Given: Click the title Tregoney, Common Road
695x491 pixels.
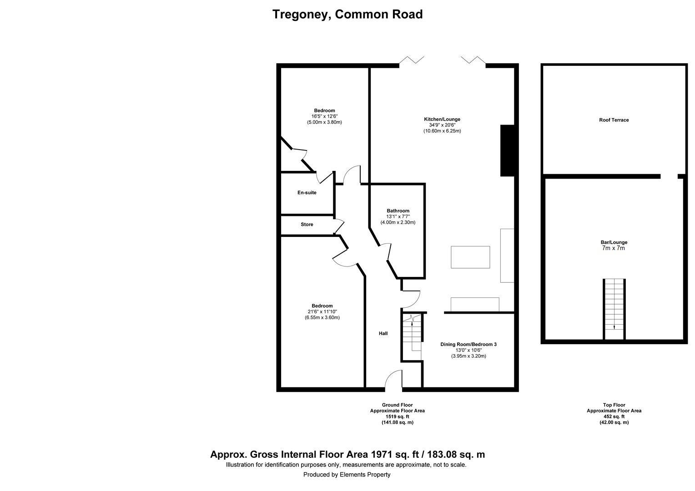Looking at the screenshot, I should (347, 15).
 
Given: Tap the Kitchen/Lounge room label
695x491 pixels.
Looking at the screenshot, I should (442, 120).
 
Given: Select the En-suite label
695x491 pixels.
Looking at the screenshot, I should (307, 193).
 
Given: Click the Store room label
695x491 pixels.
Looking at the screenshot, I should (307, 225).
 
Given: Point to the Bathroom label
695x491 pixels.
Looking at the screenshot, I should (398, 211).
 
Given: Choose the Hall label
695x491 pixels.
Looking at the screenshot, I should (383, 334).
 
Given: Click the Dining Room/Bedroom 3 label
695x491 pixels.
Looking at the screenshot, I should (468, 345).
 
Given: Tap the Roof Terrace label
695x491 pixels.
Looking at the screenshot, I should (614, 120).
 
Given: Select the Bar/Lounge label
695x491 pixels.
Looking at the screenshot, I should (614, 242).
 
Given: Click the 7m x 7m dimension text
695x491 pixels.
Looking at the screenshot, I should (614, 249).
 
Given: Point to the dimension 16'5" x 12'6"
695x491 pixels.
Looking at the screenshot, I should (324, 116).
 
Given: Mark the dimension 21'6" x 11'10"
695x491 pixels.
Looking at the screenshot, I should (322, 312).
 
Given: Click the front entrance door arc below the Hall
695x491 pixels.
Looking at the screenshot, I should (394, 381).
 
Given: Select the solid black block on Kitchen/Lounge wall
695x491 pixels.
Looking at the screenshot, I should (507, 150).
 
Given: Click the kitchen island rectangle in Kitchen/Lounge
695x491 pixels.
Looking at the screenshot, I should (470, 257).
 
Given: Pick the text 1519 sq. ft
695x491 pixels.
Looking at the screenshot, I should (397, 416).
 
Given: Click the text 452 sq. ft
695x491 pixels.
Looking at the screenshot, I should (614, 416).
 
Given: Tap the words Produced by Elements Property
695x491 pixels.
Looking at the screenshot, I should (347, 475).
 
